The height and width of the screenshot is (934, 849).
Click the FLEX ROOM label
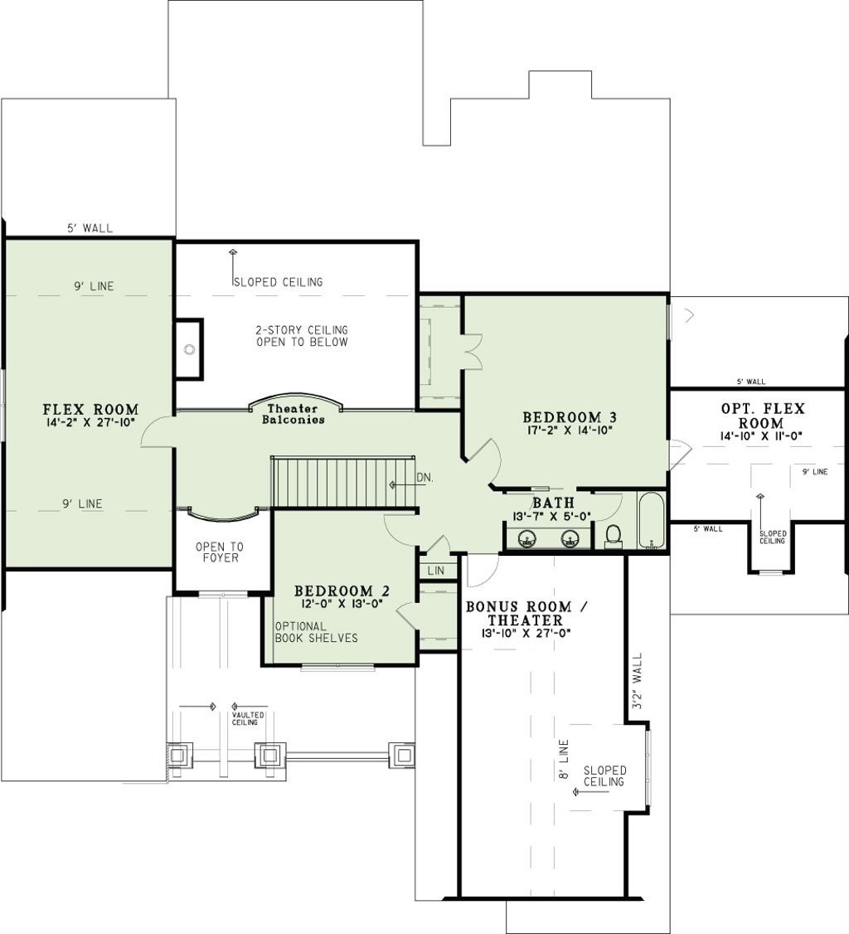click(x=90, y=410)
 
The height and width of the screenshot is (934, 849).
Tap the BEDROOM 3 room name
click(x=569, y=416)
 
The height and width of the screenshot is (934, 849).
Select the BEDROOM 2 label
click(x=342, y=591)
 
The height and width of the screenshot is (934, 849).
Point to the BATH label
click(x=553, y=503)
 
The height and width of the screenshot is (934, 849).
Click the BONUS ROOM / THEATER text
click(x=526, y=614)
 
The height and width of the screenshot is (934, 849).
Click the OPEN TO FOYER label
click(x=220, y=552)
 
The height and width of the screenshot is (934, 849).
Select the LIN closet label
click(x=436, y=572)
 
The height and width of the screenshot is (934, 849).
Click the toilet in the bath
click(x=614, y=536)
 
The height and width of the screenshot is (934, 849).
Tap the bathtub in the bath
click(x=652, y=521)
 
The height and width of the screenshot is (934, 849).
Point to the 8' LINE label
click(x=563, y=758)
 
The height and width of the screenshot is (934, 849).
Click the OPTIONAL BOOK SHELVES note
click(x=316, y=632)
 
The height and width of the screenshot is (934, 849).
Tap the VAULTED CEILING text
click(x=248, y=718)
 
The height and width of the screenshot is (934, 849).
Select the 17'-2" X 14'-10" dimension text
click(x=569, y=431)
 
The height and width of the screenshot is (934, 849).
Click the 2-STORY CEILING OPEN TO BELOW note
click(x=302, y=336)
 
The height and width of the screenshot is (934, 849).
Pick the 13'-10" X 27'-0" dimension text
click(x=526, y=634)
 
